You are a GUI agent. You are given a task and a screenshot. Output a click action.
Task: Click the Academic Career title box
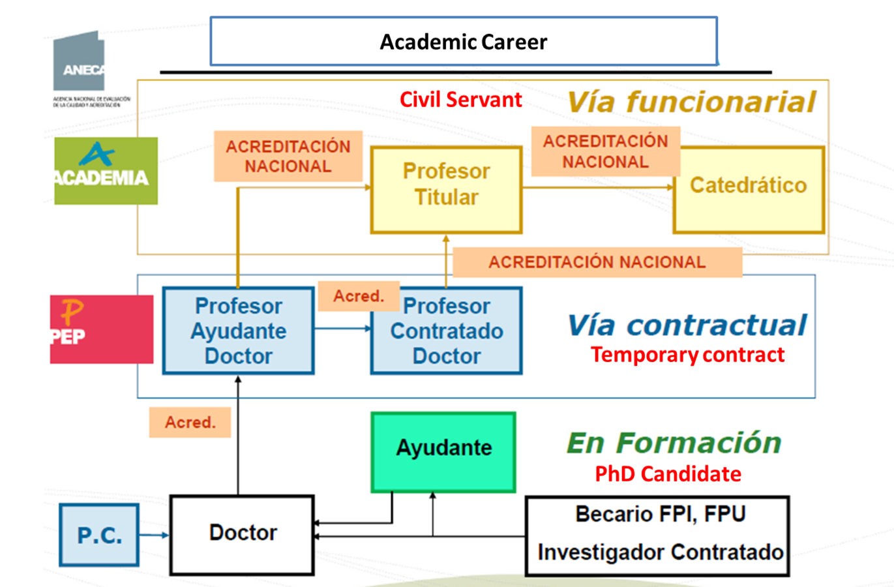[x=464, y=42]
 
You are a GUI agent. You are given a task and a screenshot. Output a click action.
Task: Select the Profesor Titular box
[x=446, y=190]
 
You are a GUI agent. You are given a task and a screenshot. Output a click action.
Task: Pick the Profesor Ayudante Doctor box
[x=238, y=331]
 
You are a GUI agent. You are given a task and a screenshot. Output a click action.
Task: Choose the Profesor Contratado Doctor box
[x=446, y=331]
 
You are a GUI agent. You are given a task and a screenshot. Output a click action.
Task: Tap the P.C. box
[x=99, y=535]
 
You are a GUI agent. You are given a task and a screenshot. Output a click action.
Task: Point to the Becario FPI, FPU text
[x=660, y=514]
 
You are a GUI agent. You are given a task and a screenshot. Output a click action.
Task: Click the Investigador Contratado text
[x=660, y=552]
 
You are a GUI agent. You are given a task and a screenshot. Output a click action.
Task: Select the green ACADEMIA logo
[x=105, y=171]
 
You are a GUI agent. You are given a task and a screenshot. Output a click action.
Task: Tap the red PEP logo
[x=101, y=329]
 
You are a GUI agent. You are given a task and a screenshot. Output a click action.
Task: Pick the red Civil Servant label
[x=460, y=100]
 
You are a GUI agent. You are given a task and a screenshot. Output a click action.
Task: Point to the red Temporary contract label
[x=687, y=355]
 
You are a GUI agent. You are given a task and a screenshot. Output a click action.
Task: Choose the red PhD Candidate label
[x=668, y=474]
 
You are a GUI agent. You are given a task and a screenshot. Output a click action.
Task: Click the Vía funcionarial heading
[x=691, y=102]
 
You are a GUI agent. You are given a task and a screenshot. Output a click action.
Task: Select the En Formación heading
[x=674, y=443]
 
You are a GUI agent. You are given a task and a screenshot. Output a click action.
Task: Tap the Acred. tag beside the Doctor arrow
[x=190, y=423]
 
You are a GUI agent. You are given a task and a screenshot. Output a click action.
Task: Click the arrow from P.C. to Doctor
[x=155, y=535]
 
